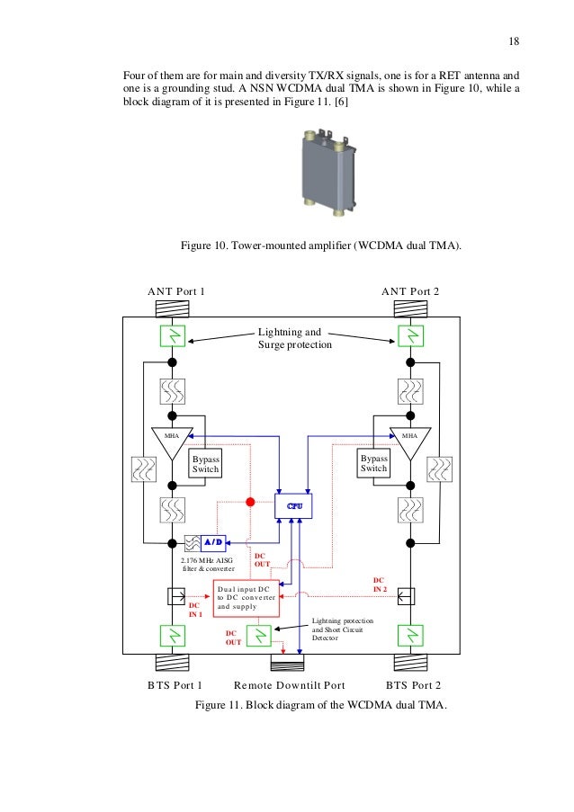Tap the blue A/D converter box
click(x=212, y=543)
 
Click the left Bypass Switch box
click(x=205, y=463)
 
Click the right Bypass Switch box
click(x=373, y=463)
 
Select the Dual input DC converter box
click(x=246, y=598)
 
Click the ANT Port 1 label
click(x=176, y=291)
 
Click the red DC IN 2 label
click(x=379, y=584)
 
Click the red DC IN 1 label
click(x=194, y=610)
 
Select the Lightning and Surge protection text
click(x=295, y=338)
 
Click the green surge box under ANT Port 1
click(x=171, y=336)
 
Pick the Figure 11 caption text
click(x=320, y=704)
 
